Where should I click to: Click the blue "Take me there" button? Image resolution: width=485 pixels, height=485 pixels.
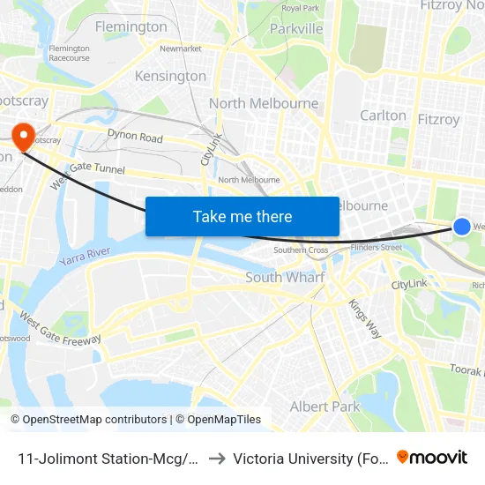pyautogui.click(x=242, y=216)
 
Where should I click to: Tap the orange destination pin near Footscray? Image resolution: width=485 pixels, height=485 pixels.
pyautogui.click(x=22, y=135)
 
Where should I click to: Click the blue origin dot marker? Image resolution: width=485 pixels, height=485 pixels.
pyautogui.click(x=462, y=227)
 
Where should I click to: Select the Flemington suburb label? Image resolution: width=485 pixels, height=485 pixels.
pyautogui.click(x=131, y=26)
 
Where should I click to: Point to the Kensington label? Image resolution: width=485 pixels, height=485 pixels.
pyautogui.click(x=170, y=76)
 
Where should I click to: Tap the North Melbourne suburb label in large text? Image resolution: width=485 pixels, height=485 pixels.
pyautogui.click(x=264, y=103)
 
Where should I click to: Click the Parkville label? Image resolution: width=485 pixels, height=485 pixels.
pyautogui.click(x=296, y=29)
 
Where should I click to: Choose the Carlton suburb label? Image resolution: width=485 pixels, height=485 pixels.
pyautogui.click(x=384, y=116)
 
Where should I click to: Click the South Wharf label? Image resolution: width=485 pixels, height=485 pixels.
pyautogui.click(x=285, y=277)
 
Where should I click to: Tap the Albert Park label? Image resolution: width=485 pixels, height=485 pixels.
pyautogui.click(x=325, y=407)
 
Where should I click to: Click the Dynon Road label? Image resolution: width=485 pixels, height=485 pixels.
pyautogui.click(x=135, y=138)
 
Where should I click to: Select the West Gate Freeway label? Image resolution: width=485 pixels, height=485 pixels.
pyautogui.click(x=60, y=328)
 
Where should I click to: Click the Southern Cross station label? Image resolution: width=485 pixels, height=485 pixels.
pyautogui.click(x=301, y=250)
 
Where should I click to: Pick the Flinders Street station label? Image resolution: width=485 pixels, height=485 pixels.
pyautogui.click(x=377, y=248)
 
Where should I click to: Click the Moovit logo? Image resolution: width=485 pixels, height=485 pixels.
pyautogui.click(x=432, y=458)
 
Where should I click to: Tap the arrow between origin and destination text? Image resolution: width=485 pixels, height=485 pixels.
pyautogui.click(x=216, y=458)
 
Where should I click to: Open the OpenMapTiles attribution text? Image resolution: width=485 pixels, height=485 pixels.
pyautogui.click(x=218, y=420)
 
